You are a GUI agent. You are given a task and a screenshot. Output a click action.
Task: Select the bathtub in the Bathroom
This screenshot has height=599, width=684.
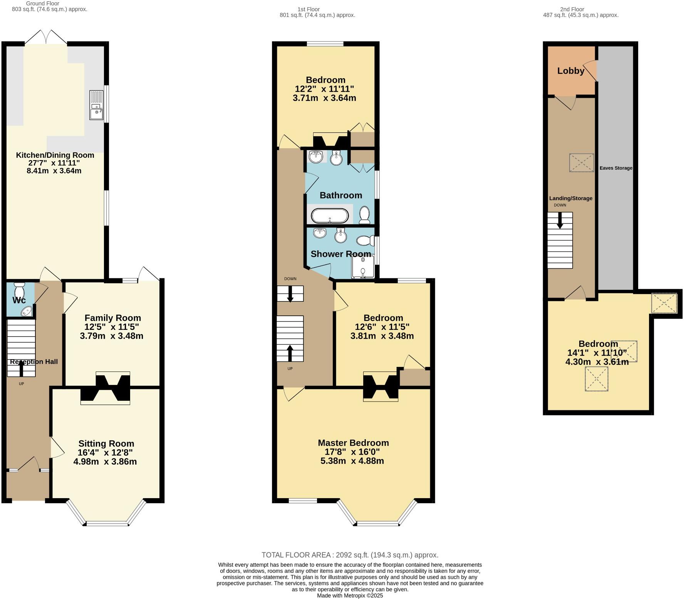point(330,216)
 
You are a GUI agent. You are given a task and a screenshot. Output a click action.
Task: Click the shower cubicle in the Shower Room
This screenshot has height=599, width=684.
point(362,267)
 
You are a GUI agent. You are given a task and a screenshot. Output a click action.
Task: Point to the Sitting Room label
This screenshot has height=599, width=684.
point(106,443)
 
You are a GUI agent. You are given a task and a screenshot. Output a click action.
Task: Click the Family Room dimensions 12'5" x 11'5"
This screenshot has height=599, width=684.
point(112,327)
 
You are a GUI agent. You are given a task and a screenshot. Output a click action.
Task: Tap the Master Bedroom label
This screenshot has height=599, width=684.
point(353,443)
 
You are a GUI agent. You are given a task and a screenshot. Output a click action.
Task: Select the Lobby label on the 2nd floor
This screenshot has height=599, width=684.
point(570,71)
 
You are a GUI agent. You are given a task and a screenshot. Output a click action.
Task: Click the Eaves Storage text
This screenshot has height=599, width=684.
point(615,168)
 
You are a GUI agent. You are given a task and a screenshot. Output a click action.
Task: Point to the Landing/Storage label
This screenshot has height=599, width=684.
point(570,198)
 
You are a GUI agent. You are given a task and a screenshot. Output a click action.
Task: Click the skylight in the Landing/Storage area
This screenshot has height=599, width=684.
point(581,162)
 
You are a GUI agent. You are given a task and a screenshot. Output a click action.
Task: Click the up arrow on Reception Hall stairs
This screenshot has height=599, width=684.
point(21,368)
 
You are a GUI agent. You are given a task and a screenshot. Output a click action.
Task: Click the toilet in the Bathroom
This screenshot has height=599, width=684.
point(364,215)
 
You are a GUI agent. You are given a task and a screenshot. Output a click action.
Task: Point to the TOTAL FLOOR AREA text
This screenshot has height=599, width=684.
point(350,555)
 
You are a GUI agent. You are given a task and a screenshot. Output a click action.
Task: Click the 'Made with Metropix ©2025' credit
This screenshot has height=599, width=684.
point(350,595)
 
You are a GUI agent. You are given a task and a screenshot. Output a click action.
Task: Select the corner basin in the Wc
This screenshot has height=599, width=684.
point(27,311)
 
